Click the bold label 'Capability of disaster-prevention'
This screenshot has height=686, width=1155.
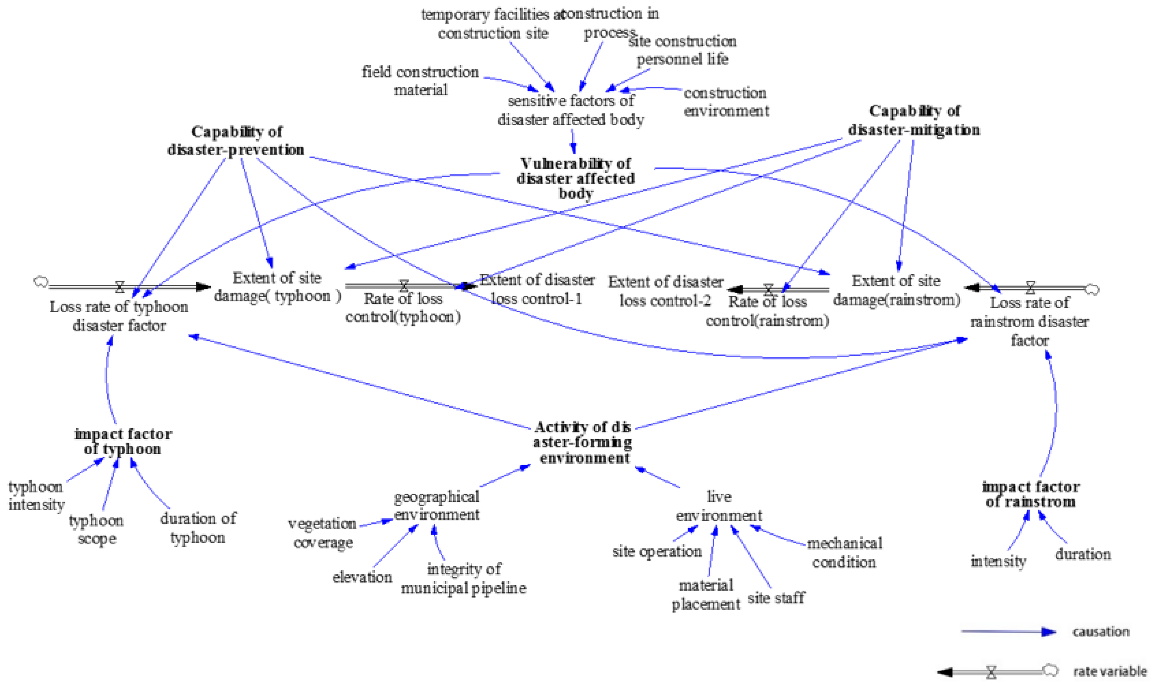point(236,140)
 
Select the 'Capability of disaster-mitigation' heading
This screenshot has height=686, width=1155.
point(914,120)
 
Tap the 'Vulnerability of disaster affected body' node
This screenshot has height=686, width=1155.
point(575,178)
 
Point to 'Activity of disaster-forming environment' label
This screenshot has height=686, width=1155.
point(582,442)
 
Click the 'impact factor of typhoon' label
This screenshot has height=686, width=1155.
point(123,441)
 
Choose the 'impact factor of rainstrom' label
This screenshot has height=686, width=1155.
point(1031,494)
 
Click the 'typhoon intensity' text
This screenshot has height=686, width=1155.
point(36,495)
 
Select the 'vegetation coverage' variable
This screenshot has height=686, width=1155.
point(323,532)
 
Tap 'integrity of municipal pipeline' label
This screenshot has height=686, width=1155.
point(463,578)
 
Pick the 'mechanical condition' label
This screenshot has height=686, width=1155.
point(845,552)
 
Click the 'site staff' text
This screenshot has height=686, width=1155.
point(776,598)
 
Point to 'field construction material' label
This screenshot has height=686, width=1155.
point(420,80)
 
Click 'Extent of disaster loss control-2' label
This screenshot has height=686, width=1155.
point(666,291)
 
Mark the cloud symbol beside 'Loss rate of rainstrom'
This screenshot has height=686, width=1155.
point(1093,290)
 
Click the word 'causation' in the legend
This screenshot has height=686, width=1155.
point(1101,632)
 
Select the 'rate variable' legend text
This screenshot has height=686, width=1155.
point(1110,671)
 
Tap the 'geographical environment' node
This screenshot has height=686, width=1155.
point(436,505)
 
